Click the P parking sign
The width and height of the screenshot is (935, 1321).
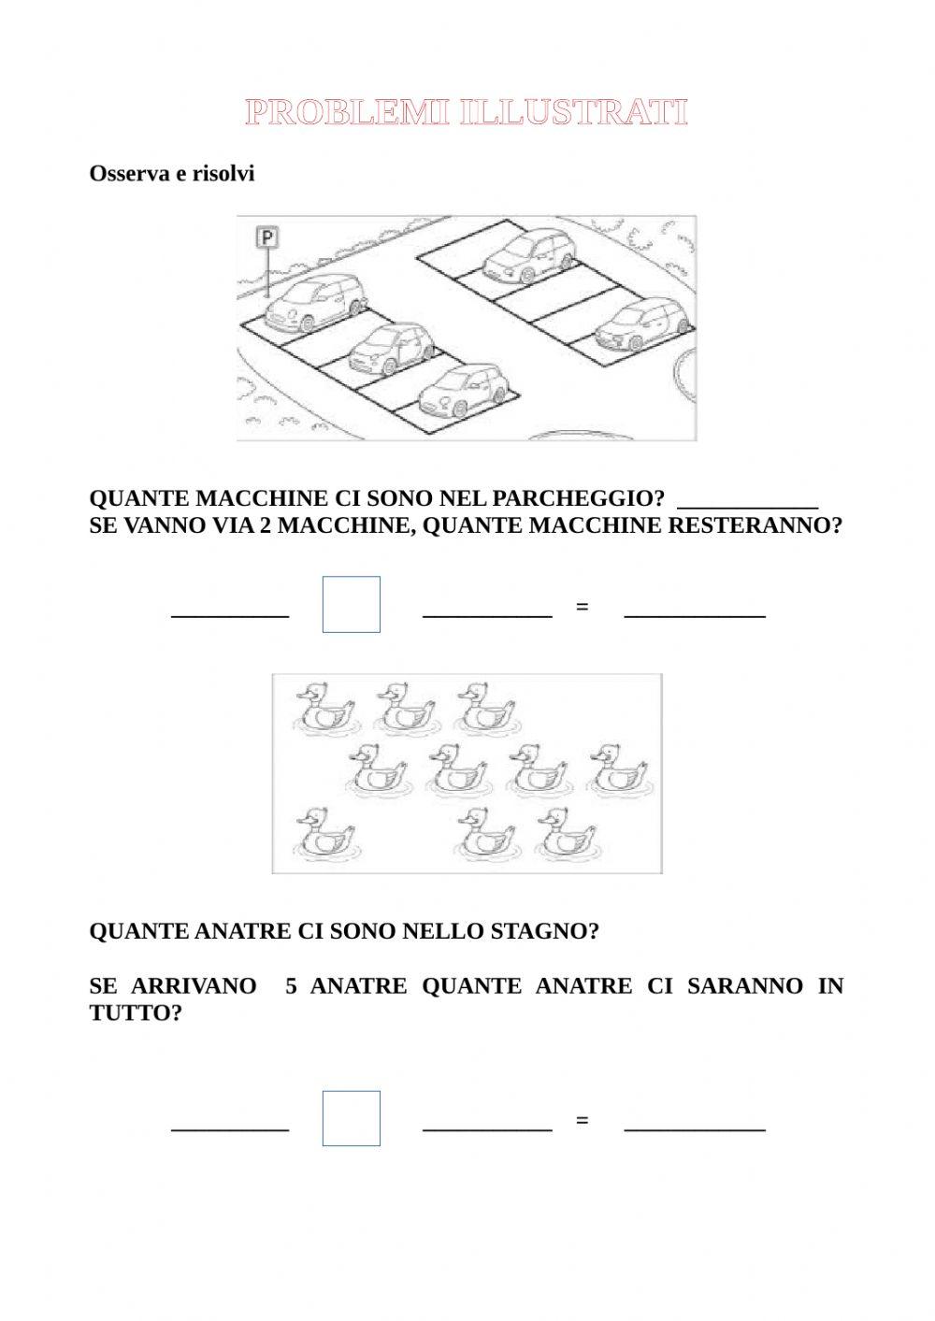(x=267, y=238)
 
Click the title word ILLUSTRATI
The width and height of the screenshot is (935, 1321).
(x=574, y=114)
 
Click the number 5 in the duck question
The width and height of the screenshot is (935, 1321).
(x=292, y=986)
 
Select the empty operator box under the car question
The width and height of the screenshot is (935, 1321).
(x=352, y=604)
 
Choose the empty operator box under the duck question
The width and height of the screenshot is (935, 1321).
(x=352, y=1118)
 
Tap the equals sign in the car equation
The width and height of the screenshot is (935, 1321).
(x=583, y=607)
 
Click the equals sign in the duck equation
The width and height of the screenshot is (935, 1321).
(x=583, y=1120)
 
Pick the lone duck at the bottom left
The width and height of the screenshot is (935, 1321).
(x=324, y=832)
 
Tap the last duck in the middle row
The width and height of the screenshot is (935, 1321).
(x=619, y=768)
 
